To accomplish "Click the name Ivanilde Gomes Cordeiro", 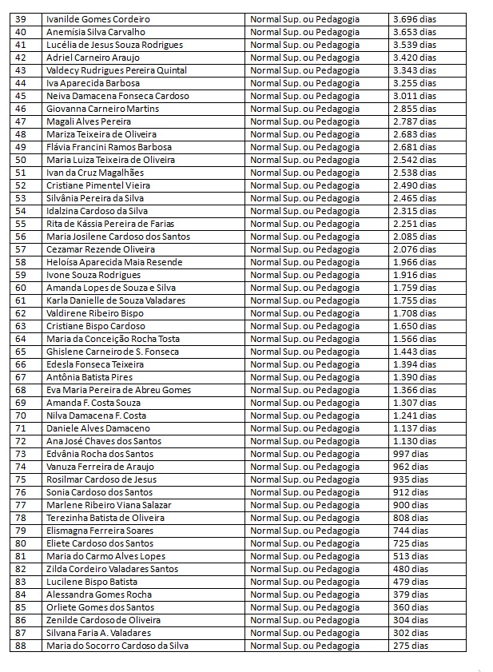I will click(x=98, y=19).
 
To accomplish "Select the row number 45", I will click(x=21, y=96).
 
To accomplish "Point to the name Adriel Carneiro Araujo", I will click(x=93, y=58).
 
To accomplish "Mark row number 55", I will click(x=21, y=224).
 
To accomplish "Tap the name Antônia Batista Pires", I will click(x=90, y=377).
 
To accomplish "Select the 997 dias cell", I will click(x=410, y=454).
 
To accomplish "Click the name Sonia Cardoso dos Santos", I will click(x=99, y=492).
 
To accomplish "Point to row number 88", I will click(x=21, y=646).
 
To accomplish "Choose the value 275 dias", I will click(x=410, y=646).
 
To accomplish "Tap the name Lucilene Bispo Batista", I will click(x=92, y=582).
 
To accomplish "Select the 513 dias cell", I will click(x=410, y=556).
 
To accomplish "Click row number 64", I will click(x=21, y=339).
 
